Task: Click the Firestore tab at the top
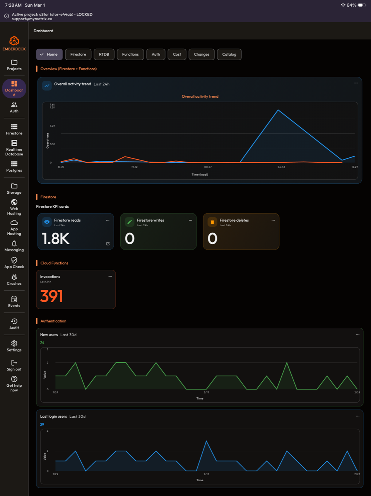point(78,54)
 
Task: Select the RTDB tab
point(104,54)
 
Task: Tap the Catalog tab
point(229,54)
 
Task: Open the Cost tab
point(177,54)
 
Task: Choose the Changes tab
point(202,54)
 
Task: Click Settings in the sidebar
point(14,346)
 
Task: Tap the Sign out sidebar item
point(14,365)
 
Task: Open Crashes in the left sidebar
point(14,280)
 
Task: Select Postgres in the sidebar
point(14,167)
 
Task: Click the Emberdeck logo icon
point(14,41)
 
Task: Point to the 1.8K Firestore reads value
point(56,239)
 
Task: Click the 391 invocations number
point(51,296)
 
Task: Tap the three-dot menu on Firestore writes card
point(190,220)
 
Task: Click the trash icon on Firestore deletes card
point(212,222)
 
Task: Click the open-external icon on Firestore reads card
point(108,244)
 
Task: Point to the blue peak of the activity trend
point(278,110)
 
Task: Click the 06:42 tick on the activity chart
point(281,167)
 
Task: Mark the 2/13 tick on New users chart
point(206,393)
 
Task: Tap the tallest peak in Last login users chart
point(206,441)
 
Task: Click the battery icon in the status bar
point(362,5)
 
